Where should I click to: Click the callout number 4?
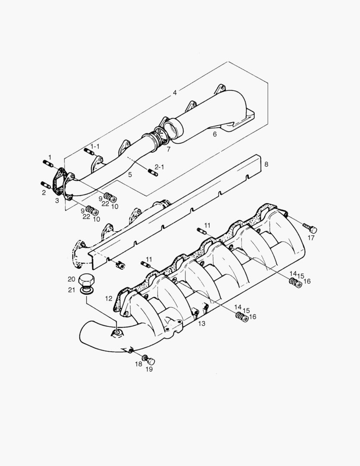tap(175, 93)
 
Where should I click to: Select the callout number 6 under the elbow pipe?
tap(214, 134)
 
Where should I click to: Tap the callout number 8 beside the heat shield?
tap(266, 164)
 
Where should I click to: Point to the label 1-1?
tap(95, 147)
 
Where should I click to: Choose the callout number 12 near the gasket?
tap(108, 298)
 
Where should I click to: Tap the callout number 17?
tap(312, 237)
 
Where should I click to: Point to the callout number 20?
tap(71, 279)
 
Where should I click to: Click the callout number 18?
tap(138, 364)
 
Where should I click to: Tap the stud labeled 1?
tap(47, 164)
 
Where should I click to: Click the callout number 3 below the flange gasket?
tap(57, 200)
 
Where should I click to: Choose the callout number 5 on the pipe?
tap(129, 174)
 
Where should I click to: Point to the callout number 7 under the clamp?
tap(168, 149)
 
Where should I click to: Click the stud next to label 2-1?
tap(152, 173)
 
